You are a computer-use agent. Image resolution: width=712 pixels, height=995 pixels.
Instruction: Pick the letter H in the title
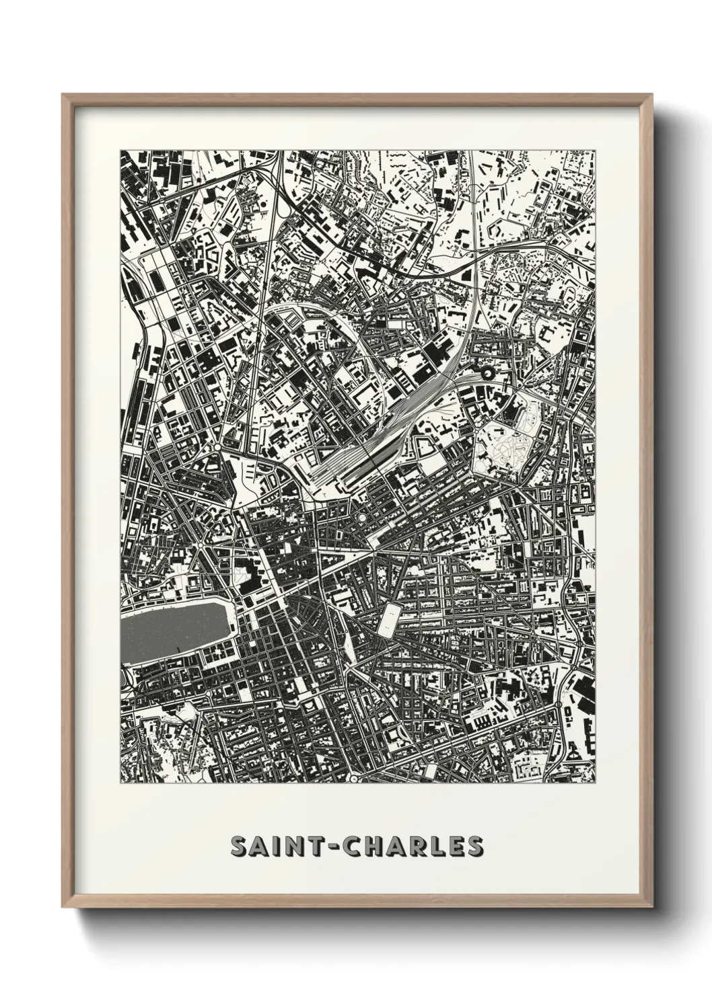[378, 846]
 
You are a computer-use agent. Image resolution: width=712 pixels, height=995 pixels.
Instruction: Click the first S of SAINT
[239, 846]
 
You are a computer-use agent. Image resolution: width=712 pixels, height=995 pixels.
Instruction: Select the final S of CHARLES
[474, 846]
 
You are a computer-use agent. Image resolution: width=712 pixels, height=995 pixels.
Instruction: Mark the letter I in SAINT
[277, 846]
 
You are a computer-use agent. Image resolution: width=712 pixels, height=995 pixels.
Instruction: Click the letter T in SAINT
[316, 846]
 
